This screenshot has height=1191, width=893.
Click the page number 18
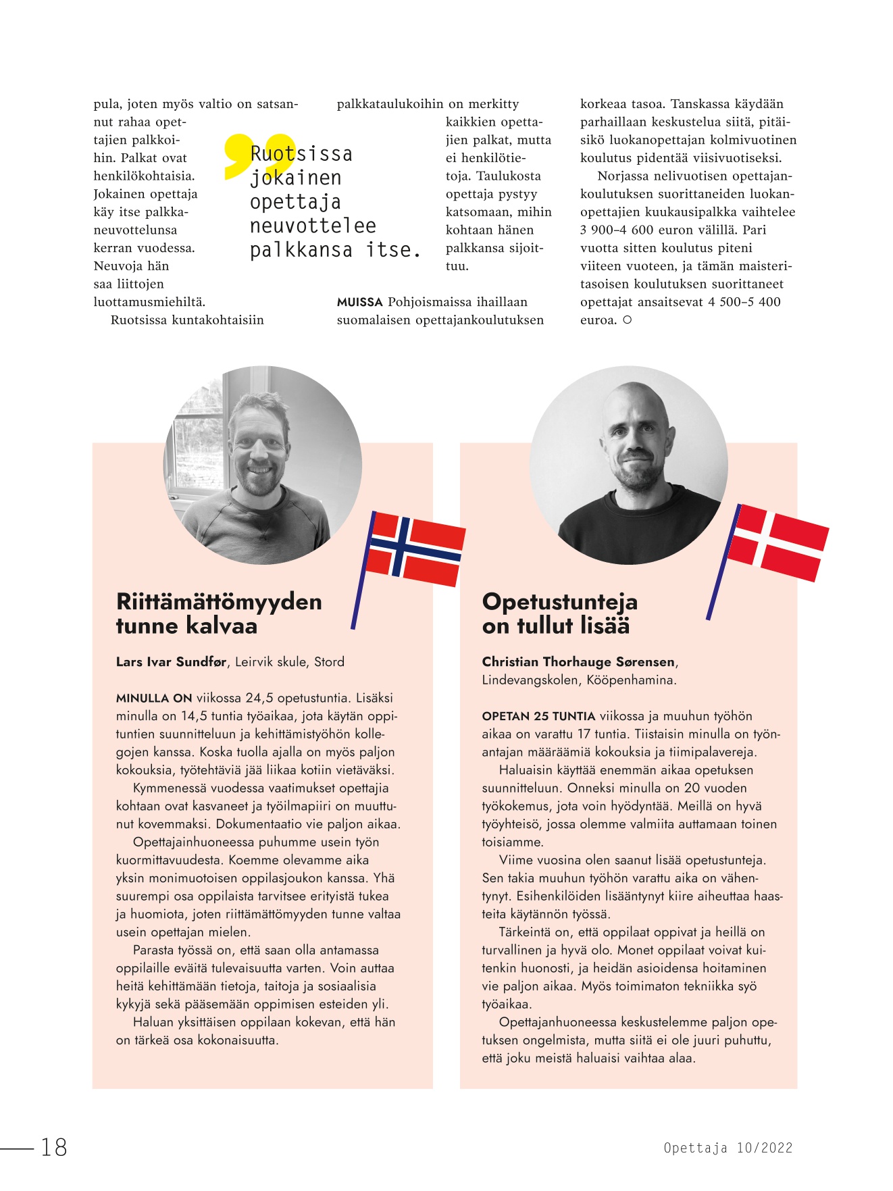(54, 1147)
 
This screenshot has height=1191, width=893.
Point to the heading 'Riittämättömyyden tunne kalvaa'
(219, 613)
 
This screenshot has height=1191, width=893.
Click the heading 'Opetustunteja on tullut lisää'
(559, 613)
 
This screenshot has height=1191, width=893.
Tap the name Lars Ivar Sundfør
(171, 662)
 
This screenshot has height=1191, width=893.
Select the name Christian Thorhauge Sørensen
(578, 662)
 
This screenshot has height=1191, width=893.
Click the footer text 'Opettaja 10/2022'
(728, 1148)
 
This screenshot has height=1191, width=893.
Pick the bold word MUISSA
(359, 303)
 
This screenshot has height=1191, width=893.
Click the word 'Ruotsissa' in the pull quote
(301, 154)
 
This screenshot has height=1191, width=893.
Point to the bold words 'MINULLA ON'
(154, 699)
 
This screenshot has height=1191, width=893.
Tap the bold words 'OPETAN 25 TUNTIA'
(538, 717)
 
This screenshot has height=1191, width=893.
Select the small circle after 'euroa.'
(627, 320)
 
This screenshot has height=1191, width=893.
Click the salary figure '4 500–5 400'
(744, 302)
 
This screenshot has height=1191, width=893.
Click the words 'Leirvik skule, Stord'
(290, 662)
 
